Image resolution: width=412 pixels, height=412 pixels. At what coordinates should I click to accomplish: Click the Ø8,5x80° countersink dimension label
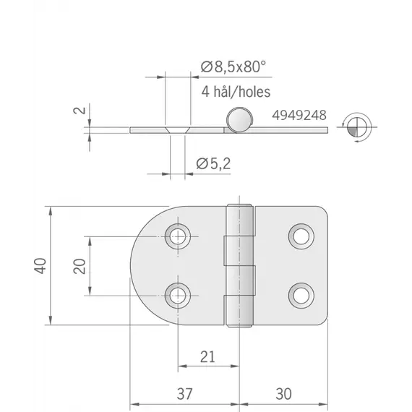tap(233, 66)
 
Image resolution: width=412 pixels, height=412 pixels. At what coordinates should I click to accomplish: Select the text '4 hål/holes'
tap(236, 92)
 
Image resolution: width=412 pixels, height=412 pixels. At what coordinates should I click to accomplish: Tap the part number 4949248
tap(299, 115)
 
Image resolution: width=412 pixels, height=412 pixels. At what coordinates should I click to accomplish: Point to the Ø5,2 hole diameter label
tap(213, 163)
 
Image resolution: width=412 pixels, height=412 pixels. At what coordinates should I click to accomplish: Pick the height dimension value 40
tap(40, 266)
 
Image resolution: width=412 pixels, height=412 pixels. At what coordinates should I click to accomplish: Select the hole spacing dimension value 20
tap(80, 266)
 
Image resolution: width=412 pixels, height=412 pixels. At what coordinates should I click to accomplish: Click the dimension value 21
tap(207, 357)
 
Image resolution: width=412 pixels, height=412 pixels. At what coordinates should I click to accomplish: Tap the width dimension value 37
tap(185, 394)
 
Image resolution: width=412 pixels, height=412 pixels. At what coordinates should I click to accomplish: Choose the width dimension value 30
tap(284, 394)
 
